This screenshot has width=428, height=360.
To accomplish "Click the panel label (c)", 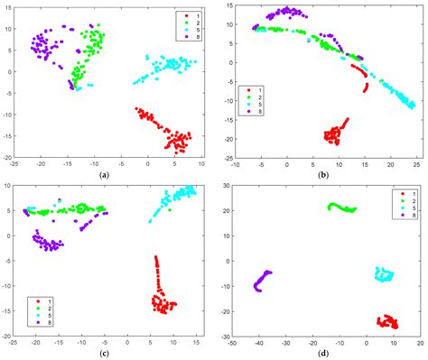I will (105, 351).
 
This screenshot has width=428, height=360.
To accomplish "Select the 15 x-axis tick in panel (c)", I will (193, 343).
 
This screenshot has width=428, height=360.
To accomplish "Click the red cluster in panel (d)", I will (388, 321).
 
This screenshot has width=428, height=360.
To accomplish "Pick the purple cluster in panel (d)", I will (262, 281).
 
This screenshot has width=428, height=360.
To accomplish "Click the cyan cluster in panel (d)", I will (384, 274).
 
